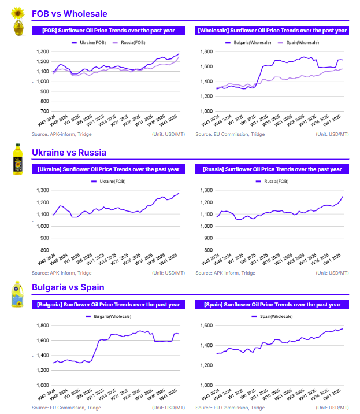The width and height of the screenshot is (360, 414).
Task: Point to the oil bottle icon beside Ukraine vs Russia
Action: (x=18, y=159)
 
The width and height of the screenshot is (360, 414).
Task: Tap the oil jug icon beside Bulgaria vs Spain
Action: (x=18, y=294)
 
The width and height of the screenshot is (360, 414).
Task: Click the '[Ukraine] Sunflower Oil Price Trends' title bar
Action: (x=108, y=169)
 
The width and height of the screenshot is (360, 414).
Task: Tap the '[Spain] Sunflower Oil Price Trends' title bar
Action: (x=272, y=304)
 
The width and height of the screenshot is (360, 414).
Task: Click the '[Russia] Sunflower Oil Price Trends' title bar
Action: (x=272, y=169)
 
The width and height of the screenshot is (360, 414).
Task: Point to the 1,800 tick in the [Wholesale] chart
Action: (x=206, y=51)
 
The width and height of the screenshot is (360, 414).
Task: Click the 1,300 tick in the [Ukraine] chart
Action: (x=42, y=190)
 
